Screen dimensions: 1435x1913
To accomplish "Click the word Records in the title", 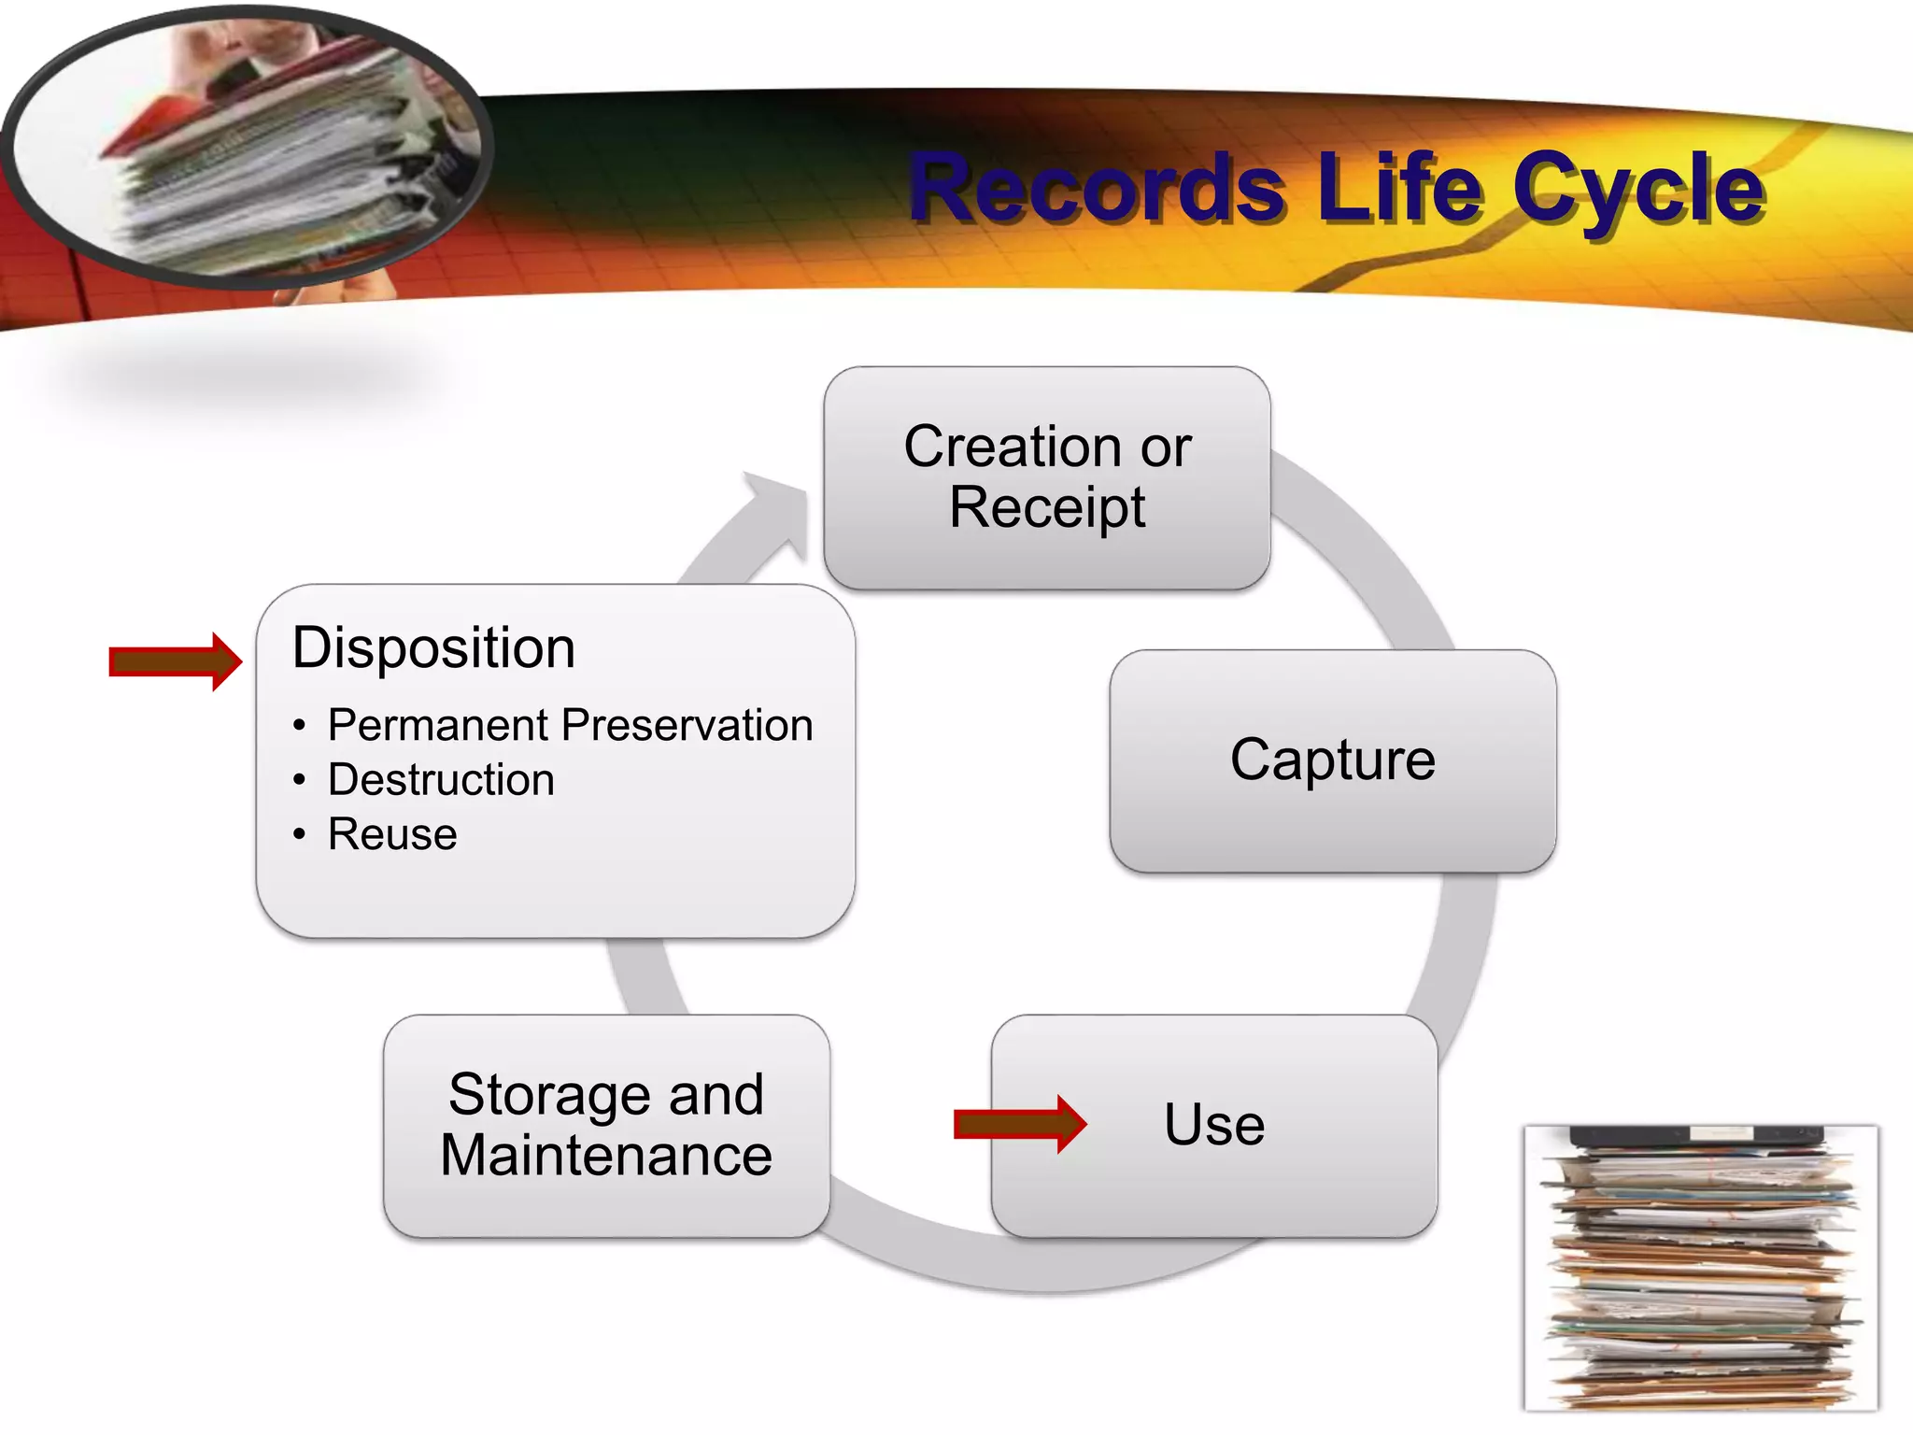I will pos(1098,190).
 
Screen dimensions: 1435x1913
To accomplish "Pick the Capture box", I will pos(1332,759).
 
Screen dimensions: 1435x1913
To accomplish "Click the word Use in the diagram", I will pos(1214,1125).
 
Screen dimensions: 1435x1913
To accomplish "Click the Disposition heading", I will pos(433,647).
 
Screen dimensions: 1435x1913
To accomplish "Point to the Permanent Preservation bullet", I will pos(570,726).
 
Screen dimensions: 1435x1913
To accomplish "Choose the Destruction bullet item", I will pos(441,780).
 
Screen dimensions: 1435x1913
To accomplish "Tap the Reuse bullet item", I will pos(392,834).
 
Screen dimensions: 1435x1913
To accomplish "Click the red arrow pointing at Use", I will pos(1019,1125).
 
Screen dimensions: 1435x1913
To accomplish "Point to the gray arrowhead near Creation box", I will pos(780,509).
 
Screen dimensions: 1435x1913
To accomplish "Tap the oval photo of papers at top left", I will pos(248,149).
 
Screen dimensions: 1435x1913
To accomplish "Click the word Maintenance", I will pos(606,1157).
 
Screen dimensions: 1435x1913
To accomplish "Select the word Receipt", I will pos(1046,508).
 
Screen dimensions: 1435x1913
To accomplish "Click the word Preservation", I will pos(687,726).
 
